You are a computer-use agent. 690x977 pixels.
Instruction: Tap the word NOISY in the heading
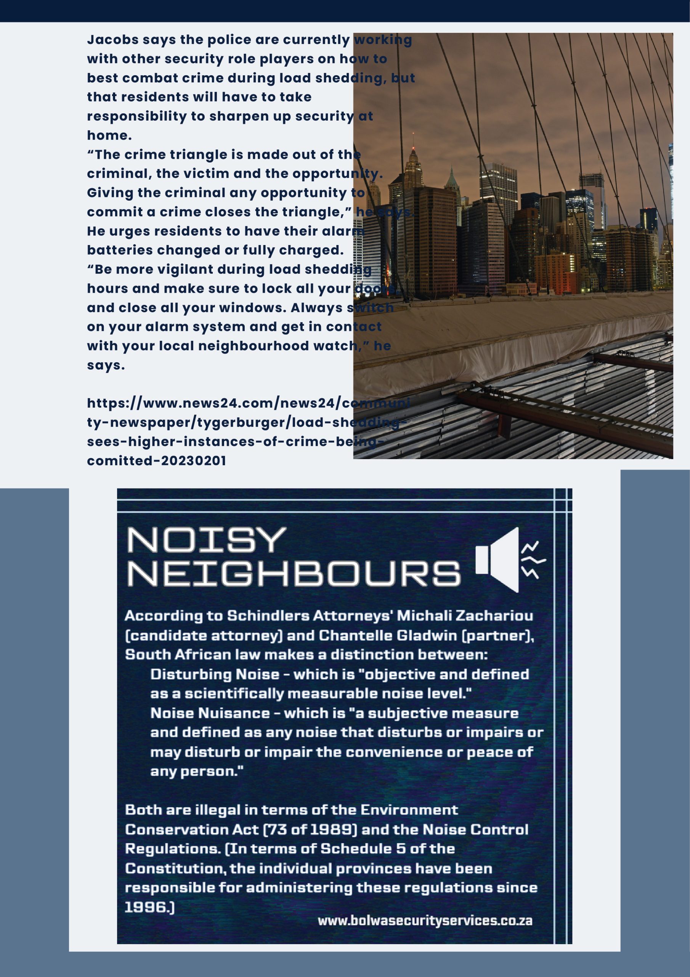pyautogui.click(x=207, y=540)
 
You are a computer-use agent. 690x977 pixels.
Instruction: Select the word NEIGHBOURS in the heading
pyautogui.click(x=294, y=574)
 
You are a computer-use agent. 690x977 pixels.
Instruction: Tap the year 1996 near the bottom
pyautogui.click(x=147, y=907)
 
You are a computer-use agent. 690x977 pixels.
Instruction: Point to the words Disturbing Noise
pyautogui.click(x=215, y=674)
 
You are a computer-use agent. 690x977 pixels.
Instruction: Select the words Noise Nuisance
pyautogui.click(x=210, y=713)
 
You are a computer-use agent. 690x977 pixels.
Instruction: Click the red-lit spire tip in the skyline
pyautogui.click(x=413, y=135)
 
